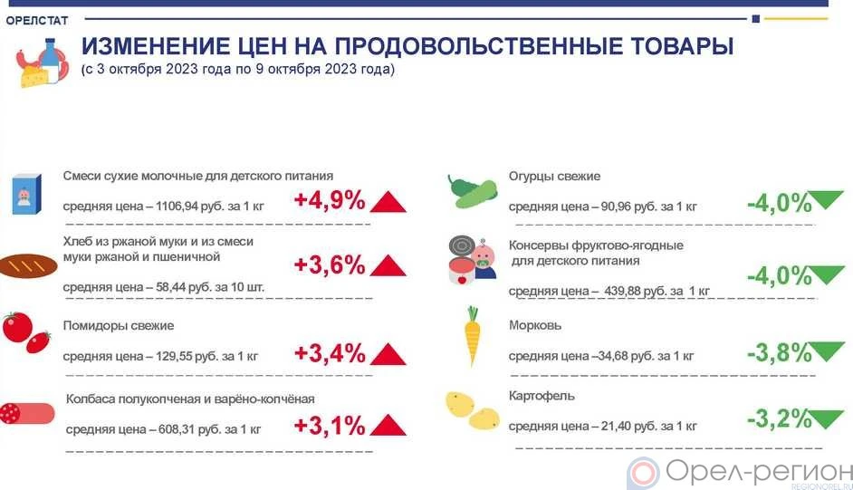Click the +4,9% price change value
point(330,200)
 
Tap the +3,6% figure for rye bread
point(330,264)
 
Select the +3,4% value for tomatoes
point(330,353)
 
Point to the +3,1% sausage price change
point(330,426)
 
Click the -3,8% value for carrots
point(780,353)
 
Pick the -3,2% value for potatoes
point(780,418)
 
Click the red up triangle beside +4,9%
point(388,202)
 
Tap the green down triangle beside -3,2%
point(827,418)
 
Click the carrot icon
point(472,335)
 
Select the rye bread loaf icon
point(28,266)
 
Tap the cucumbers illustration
point(472,191)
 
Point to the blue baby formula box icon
point(26,194)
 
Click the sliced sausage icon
point(26,413)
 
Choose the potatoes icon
point(472,411)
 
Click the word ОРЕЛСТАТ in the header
point(37,21)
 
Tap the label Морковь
point(535,325)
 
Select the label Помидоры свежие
point(119,326)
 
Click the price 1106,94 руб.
point(190,207)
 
